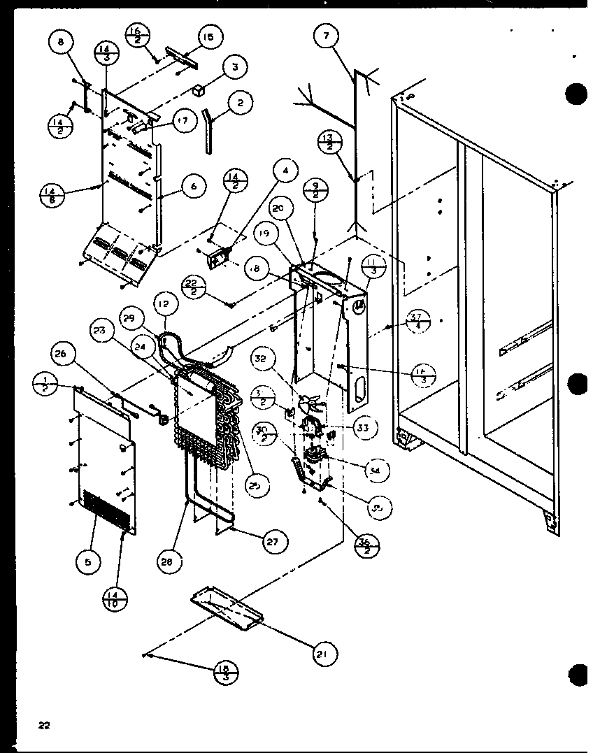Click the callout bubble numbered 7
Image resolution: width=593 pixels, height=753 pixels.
point(326,36)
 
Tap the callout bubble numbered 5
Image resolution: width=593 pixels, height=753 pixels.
point(88,560)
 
